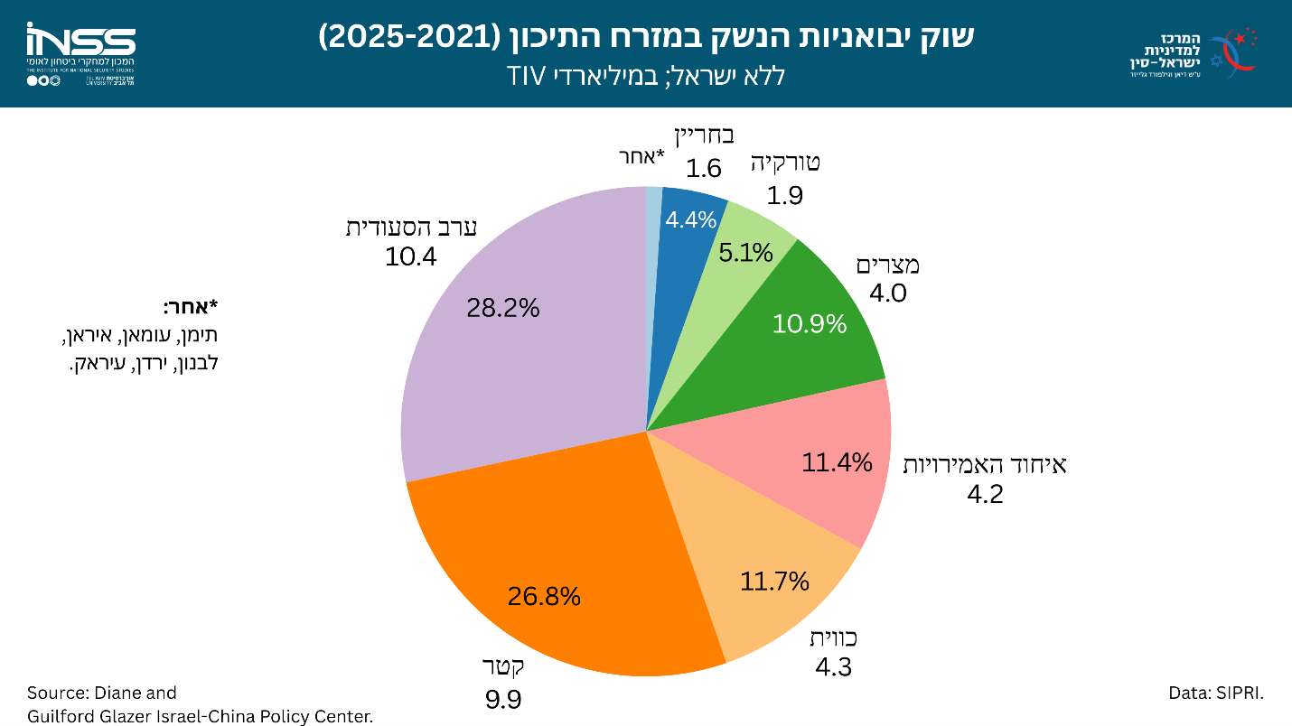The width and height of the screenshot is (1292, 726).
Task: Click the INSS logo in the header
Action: point(80,53)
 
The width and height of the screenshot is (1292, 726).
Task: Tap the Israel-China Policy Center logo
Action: point(1193,52)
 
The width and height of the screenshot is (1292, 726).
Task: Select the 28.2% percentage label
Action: point(503,308)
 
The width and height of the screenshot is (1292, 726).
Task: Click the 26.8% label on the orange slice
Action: point(544,596)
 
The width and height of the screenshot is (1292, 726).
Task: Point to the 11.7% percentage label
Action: point(774,582)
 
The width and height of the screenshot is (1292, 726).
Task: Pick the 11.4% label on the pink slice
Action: point(838,463)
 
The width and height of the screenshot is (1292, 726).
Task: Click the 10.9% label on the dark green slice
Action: point(810,323)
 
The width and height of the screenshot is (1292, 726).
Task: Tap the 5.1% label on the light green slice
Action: point(746,253)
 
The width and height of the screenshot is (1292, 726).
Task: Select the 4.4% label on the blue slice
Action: point(691,219)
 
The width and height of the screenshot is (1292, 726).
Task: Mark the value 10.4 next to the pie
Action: point(411,257)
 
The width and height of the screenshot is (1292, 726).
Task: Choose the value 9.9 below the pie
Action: point(503,700)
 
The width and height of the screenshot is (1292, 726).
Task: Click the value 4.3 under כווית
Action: point(834,667)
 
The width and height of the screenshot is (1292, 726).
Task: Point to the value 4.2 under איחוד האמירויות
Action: point(985,494)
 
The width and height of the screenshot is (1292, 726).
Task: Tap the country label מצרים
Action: point(887,265)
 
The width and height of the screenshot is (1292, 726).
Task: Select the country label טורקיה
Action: point(785,163)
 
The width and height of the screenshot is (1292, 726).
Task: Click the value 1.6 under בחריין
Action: point(704,169)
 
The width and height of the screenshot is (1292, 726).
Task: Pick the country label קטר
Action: point(503,668)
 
